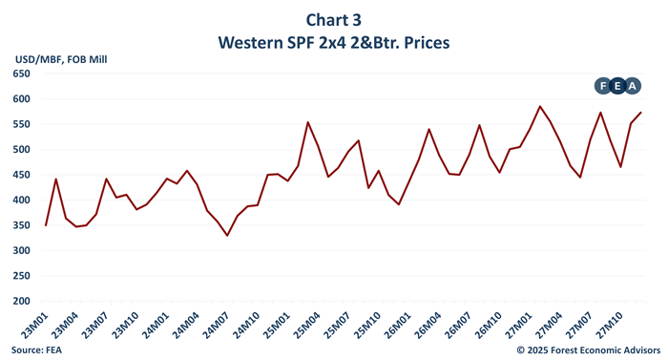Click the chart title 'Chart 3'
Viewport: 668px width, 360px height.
pyautogui.click(x=333, y=19)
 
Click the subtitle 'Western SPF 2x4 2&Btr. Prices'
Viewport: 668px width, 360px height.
pyautogui.click(x=333, y=43)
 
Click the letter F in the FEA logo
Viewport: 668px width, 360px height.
pyautogui.click(x=603, y=86)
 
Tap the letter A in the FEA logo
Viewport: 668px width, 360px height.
pyautogui.click(x=634, y=86)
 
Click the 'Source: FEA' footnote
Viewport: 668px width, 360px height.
pyautogui.click(x=33, y=349)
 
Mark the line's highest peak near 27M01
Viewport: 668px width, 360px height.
pyautogui.click(x=540, y=107)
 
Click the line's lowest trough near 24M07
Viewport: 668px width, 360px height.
pyautogui.click(x=227, y=236)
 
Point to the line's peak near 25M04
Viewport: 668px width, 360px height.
pyautogui.click(x=307, y=122)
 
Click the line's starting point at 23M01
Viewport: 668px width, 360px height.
pyautogui.click(x=46, y=225)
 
